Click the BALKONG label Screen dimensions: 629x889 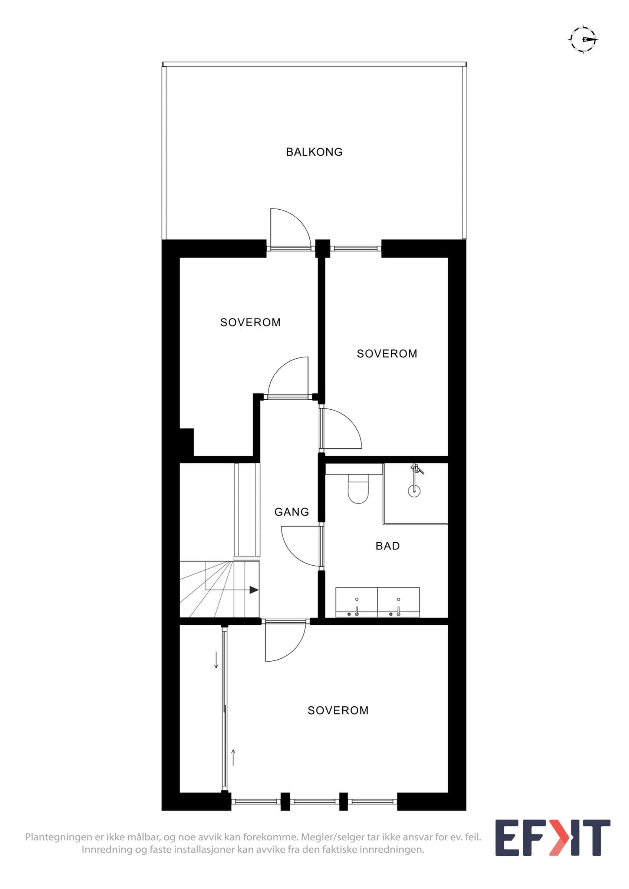(x=314, y=152)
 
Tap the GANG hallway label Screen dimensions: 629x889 (x=292, y=512)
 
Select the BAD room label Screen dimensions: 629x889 (x=388, y=546)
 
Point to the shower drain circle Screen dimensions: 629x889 (x=414, y=490)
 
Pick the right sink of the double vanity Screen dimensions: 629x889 (x=398, y=602)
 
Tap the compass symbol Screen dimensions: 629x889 (x=583, y=40)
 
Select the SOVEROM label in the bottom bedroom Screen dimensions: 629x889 (x=338, y=710)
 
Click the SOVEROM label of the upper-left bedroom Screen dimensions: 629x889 (x=250, y=322)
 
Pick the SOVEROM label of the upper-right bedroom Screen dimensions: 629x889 (x=387, y=353)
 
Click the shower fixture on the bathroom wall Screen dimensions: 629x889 (x=417, y=469)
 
